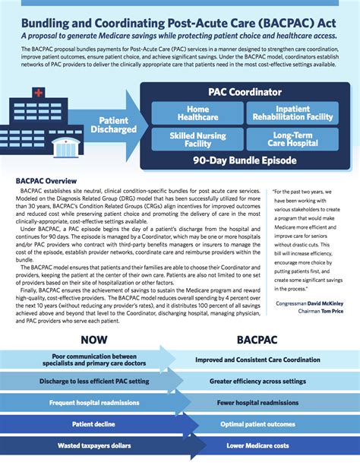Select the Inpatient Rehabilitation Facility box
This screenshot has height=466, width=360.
coord(293,113)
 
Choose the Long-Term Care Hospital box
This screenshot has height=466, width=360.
coord(293,139)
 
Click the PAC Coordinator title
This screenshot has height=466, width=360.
coord(245,90)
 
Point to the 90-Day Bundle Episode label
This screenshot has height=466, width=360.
coord(245,161)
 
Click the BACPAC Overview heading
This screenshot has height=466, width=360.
coord(46,181)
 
